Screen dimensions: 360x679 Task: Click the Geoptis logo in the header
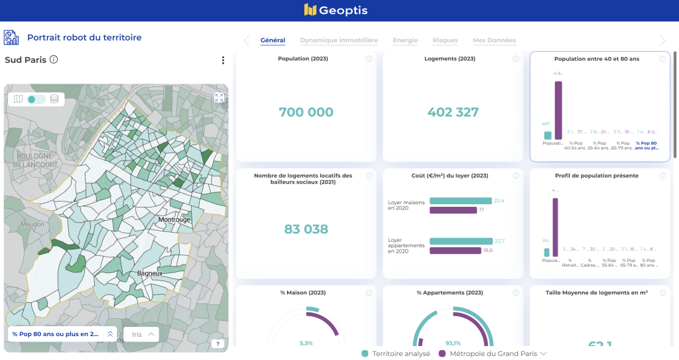[x=336, y=10]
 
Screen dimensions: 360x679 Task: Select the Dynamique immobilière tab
[x=339, y=40]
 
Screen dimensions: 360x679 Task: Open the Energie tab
[x=405, y=40]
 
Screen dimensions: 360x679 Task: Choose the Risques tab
[x=445, y=40]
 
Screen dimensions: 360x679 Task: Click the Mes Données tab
[x=494, y=40]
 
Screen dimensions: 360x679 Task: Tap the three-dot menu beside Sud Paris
[x=223, y=60]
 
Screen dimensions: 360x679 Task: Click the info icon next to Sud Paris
[x=54, y=60]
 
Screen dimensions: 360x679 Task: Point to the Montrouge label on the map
[x=174, y=219]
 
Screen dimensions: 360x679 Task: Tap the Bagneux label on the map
[x=150, y=273]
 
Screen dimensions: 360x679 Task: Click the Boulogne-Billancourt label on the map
[x=29, y=160]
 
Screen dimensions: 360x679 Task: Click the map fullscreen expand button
[x=219, y=97]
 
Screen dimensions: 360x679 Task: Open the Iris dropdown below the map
[x=141, y=335]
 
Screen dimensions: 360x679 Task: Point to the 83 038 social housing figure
[x=306, y=229]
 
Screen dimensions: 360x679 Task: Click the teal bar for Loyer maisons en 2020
[x=460, y=201]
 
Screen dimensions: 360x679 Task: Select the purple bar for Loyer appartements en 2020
[x=455, y=251]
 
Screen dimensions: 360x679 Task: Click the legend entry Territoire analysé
[x=395, y=354]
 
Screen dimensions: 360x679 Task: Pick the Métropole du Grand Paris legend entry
[x=493, y=354]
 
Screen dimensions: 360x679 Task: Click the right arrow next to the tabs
[x=662, y=40]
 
